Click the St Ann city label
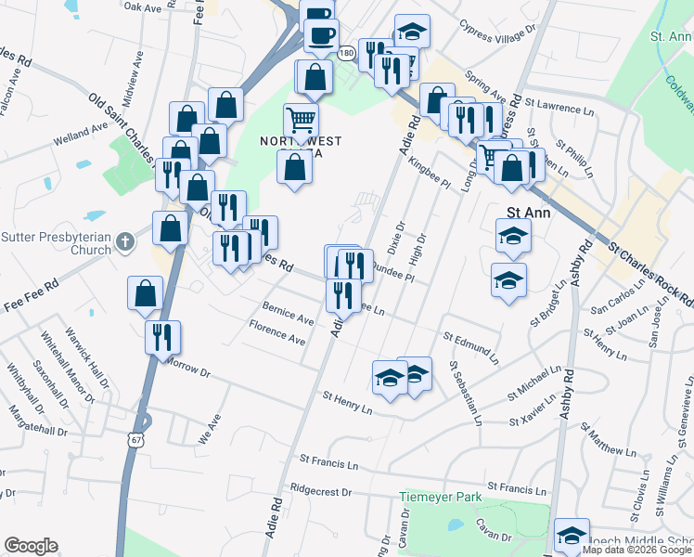(527, 212)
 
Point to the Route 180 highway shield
(346, 54)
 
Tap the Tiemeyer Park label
(440, 498)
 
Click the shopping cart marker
(300, 122)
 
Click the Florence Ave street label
(277, 333)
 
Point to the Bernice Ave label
(288, 313)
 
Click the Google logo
(32, 546)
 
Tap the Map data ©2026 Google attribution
(636, 550)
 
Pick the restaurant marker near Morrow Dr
(162, 338)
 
